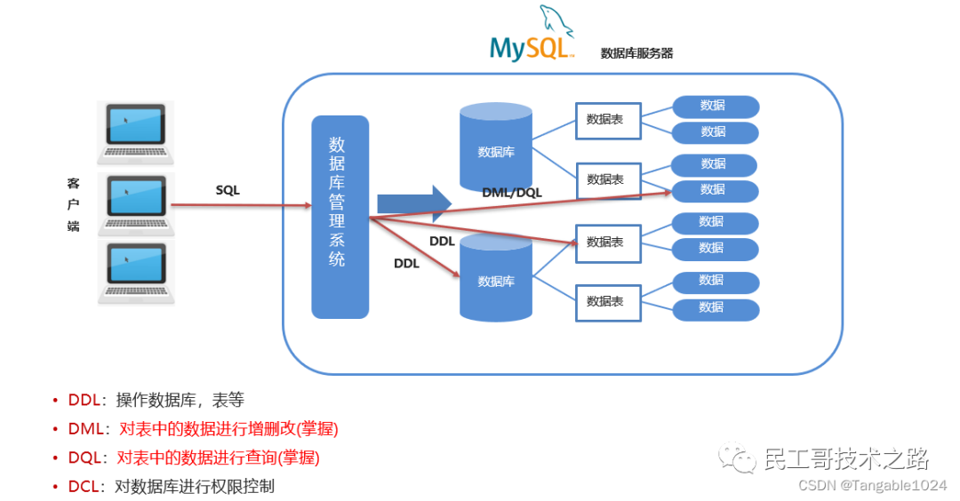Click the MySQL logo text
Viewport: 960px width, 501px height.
(531, 47)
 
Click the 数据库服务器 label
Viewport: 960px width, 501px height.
(636, 53)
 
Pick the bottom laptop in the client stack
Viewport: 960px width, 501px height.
(136, 272)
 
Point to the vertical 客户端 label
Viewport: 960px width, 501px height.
(73, 205)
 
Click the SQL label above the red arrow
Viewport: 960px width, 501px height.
(228, 190)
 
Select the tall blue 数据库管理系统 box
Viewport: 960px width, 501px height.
(340, 216)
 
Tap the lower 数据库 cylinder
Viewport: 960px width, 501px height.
(495, 279)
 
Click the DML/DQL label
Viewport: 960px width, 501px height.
(512, 192)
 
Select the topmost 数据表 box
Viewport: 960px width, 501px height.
(607, 120)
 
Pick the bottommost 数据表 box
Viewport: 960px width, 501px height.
(607, 301)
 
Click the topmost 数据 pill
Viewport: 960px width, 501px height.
(715, 106)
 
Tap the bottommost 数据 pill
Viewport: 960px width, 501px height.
(715, 308)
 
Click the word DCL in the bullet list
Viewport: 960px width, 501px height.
(84, 486)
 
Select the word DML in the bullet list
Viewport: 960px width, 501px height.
(85, 429)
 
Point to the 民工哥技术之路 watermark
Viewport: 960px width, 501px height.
(844, 459)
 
